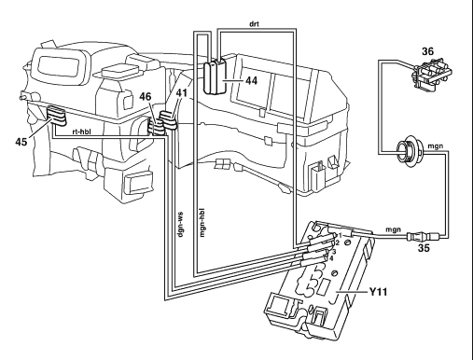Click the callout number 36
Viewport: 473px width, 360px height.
(427, 51)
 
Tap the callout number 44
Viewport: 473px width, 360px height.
(252, 80)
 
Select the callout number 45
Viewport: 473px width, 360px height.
(21, 142)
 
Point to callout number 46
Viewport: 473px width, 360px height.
(145, 97)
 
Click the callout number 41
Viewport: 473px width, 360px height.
(182, 92)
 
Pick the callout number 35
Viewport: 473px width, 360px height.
(424, 248)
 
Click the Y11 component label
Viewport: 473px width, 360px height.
(378, 292)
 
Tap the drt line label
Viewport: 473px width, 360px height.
(254, 23)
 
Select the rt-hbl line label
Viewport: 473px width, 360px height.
(81, 132)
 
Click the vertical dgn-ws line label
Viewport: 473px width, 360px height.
(180, 225)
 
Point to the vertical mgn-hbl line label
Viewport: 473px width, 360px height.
(202, 223)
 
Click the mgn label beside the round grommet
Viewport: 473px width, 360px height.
(436, 145)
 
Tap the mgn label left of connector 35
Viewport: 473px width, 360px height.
(394, 229)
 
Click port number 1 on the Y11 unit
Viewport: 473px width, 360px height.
(341, 236)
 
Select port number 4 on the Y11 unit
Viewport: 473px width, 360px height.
(331, 258)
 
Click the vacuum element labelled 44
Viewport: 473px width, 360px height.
(215, 76)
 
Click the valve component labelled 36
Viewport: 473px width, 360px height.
(431, 74)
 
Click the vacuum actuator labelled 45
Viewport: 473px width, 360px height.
(56, 116)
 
